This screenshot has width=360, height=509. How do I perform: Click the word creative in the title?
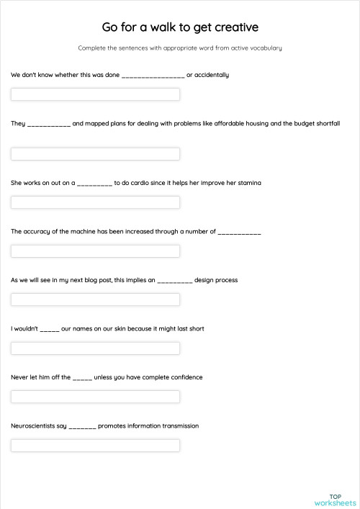pyautogui.click(x=233, y=27)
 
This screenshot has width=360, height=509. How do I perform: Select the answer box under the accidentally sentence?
pyautogui.click(x=95, y=94)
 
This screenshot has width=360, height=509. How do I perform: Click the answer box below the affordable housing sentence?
pyautogui.click(x=95, y=153)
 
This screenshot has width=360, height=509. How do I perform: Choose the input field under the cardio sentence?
pyautogui.click(x=95, y=202)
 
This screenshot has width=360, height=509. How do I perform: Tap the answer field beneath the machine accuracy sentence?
pyautogui.click(x=95, y=251)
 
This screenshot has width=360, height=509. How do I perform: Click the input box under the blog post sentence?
pyautogui.click(x=95, y=299)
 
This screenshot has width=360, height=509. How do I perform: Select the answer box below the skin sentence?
pyautogui.click(x=95, y=348)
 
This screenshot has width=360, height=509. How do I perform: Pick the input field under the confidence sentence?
pyautogui.click(x=95, y=397)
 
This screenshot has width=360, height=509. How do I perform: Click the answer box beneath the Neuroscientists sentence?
pyautogui.click(x=95, y=446)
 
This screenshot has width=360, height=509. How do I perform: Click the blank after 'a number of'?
pyautogui.click(x=239, y=233)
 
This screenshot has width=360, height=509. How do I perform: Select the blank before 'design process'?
pyautogui.click(x=175, y=281)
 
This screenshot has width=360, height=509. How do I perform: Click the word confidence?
pyautogui.click(x=184, y=377)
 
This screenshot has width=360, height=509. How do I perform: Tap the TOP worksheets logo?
pyautogui.click(x=335, y=500)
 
